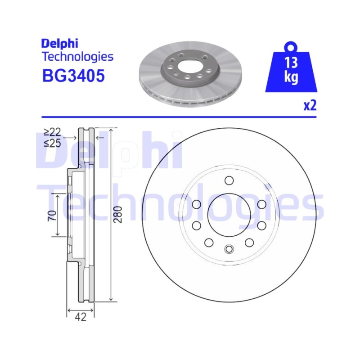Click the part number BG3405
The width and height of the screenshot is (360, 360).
pos(73,76)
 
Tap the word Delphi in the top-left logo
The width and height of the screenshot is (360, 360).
pos(60,43)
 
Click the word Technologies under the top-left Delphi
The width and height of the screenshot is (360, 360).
pos(77,57)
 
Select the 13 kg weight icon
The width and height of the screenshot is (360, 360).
pos(291,67)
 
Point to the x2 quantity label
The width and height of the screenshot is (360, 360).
pos(310,106)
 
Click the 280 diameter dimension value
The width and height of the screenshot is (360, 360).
pos(118,215)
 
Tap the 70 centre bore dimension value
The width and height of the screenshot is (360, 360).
pos(52,216)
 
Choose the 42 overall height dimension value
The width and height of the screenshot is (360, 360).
pos(81,317)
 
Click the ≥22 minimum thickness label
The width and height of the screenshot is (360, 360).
pos(52,132)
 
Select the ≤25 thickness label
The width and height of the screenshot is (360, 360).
pos(52,143)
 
